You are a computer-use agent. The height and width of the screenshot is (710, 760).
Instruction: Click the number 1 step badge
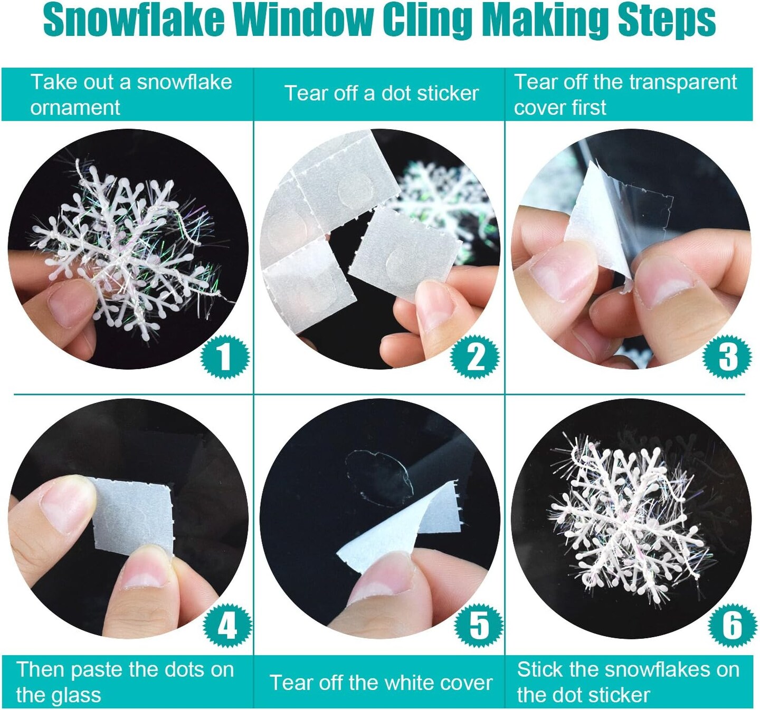point(224,357)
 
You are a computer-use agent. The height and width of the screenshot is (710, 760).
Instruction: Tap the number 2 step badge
point(475,357)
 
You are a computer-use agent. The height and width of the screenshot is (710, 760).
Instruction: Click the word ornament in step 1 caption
point(75,108)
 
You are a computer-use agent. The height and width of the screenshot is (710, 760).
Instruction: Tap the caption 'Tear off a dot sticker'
point(382,93)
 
